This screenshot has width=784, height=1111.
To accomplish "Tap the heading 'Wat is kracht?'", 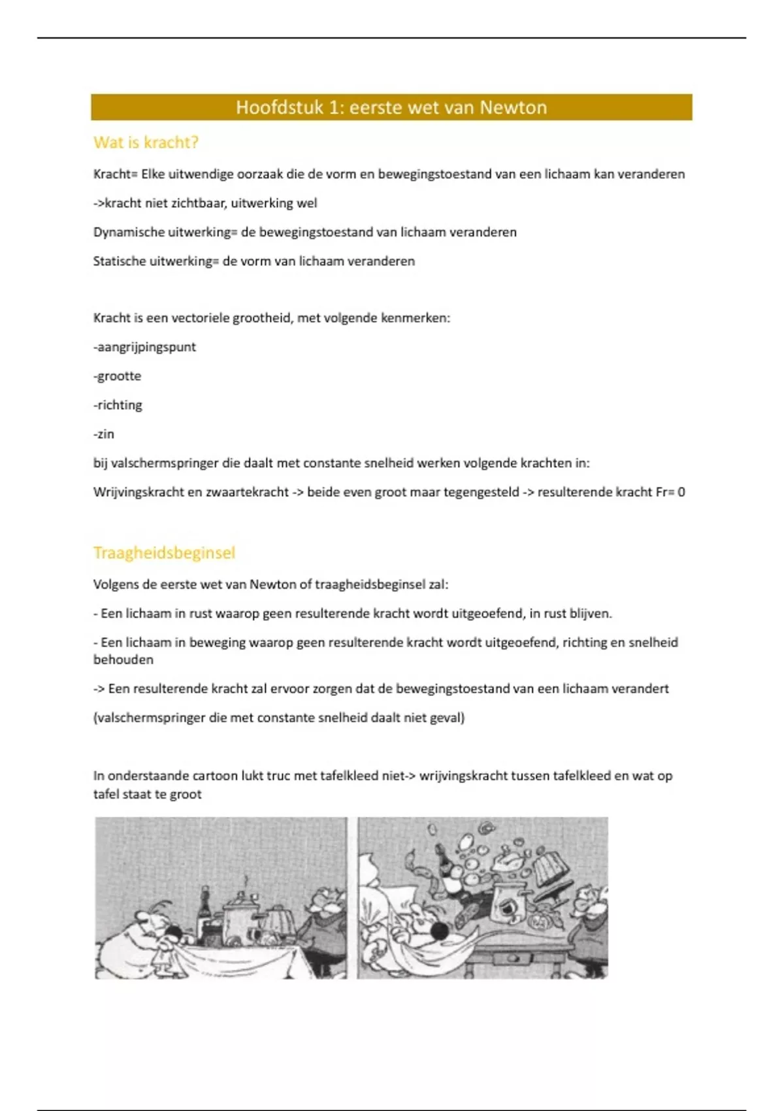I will pos(146,142).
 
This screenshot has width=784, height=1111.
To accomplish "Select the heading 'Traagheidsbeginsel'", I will pos(164,553).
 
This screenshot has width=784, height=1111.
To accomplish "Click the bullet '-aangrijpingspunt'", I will pos(144,347).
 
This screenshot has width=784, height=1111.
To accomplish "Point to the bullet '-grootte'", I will pos(118,376).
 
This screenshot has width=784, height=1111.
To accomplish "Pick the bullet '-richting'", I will pos(118,405).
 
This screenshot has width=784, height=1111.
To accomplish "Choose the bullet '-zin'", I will pos(104,434).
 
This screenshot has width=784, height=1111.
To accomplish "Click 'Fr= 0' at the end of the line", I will pos(670,492).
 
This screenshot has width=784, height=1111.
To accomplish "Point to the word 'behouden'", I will pos(123,660).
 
